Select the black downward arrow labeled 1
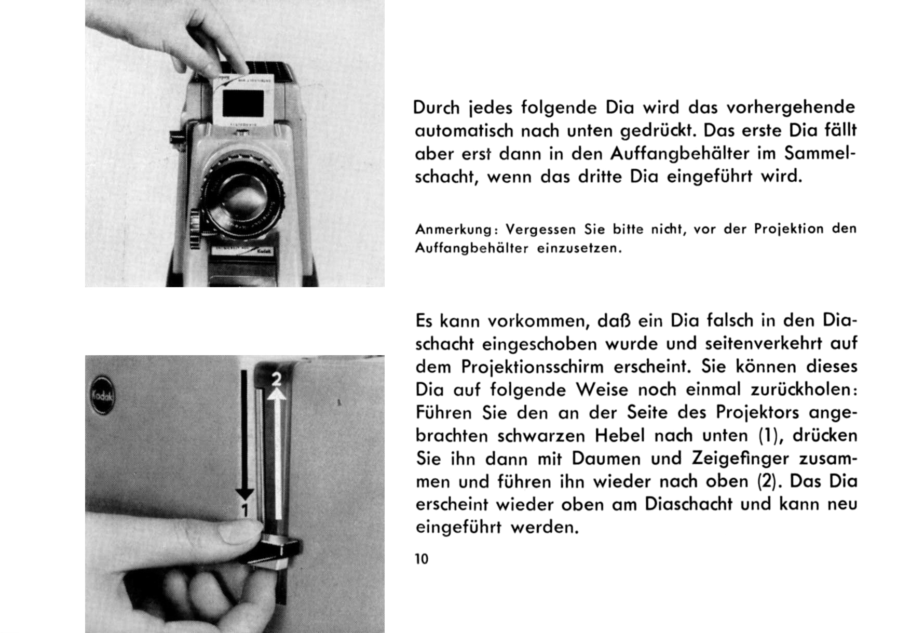[244, 435]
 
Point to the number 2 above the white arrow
[277, 380]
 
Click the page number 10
[422, 559]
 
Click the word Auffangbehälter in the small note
[471, 248]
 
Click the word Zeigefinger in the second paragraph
[740, 459]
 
